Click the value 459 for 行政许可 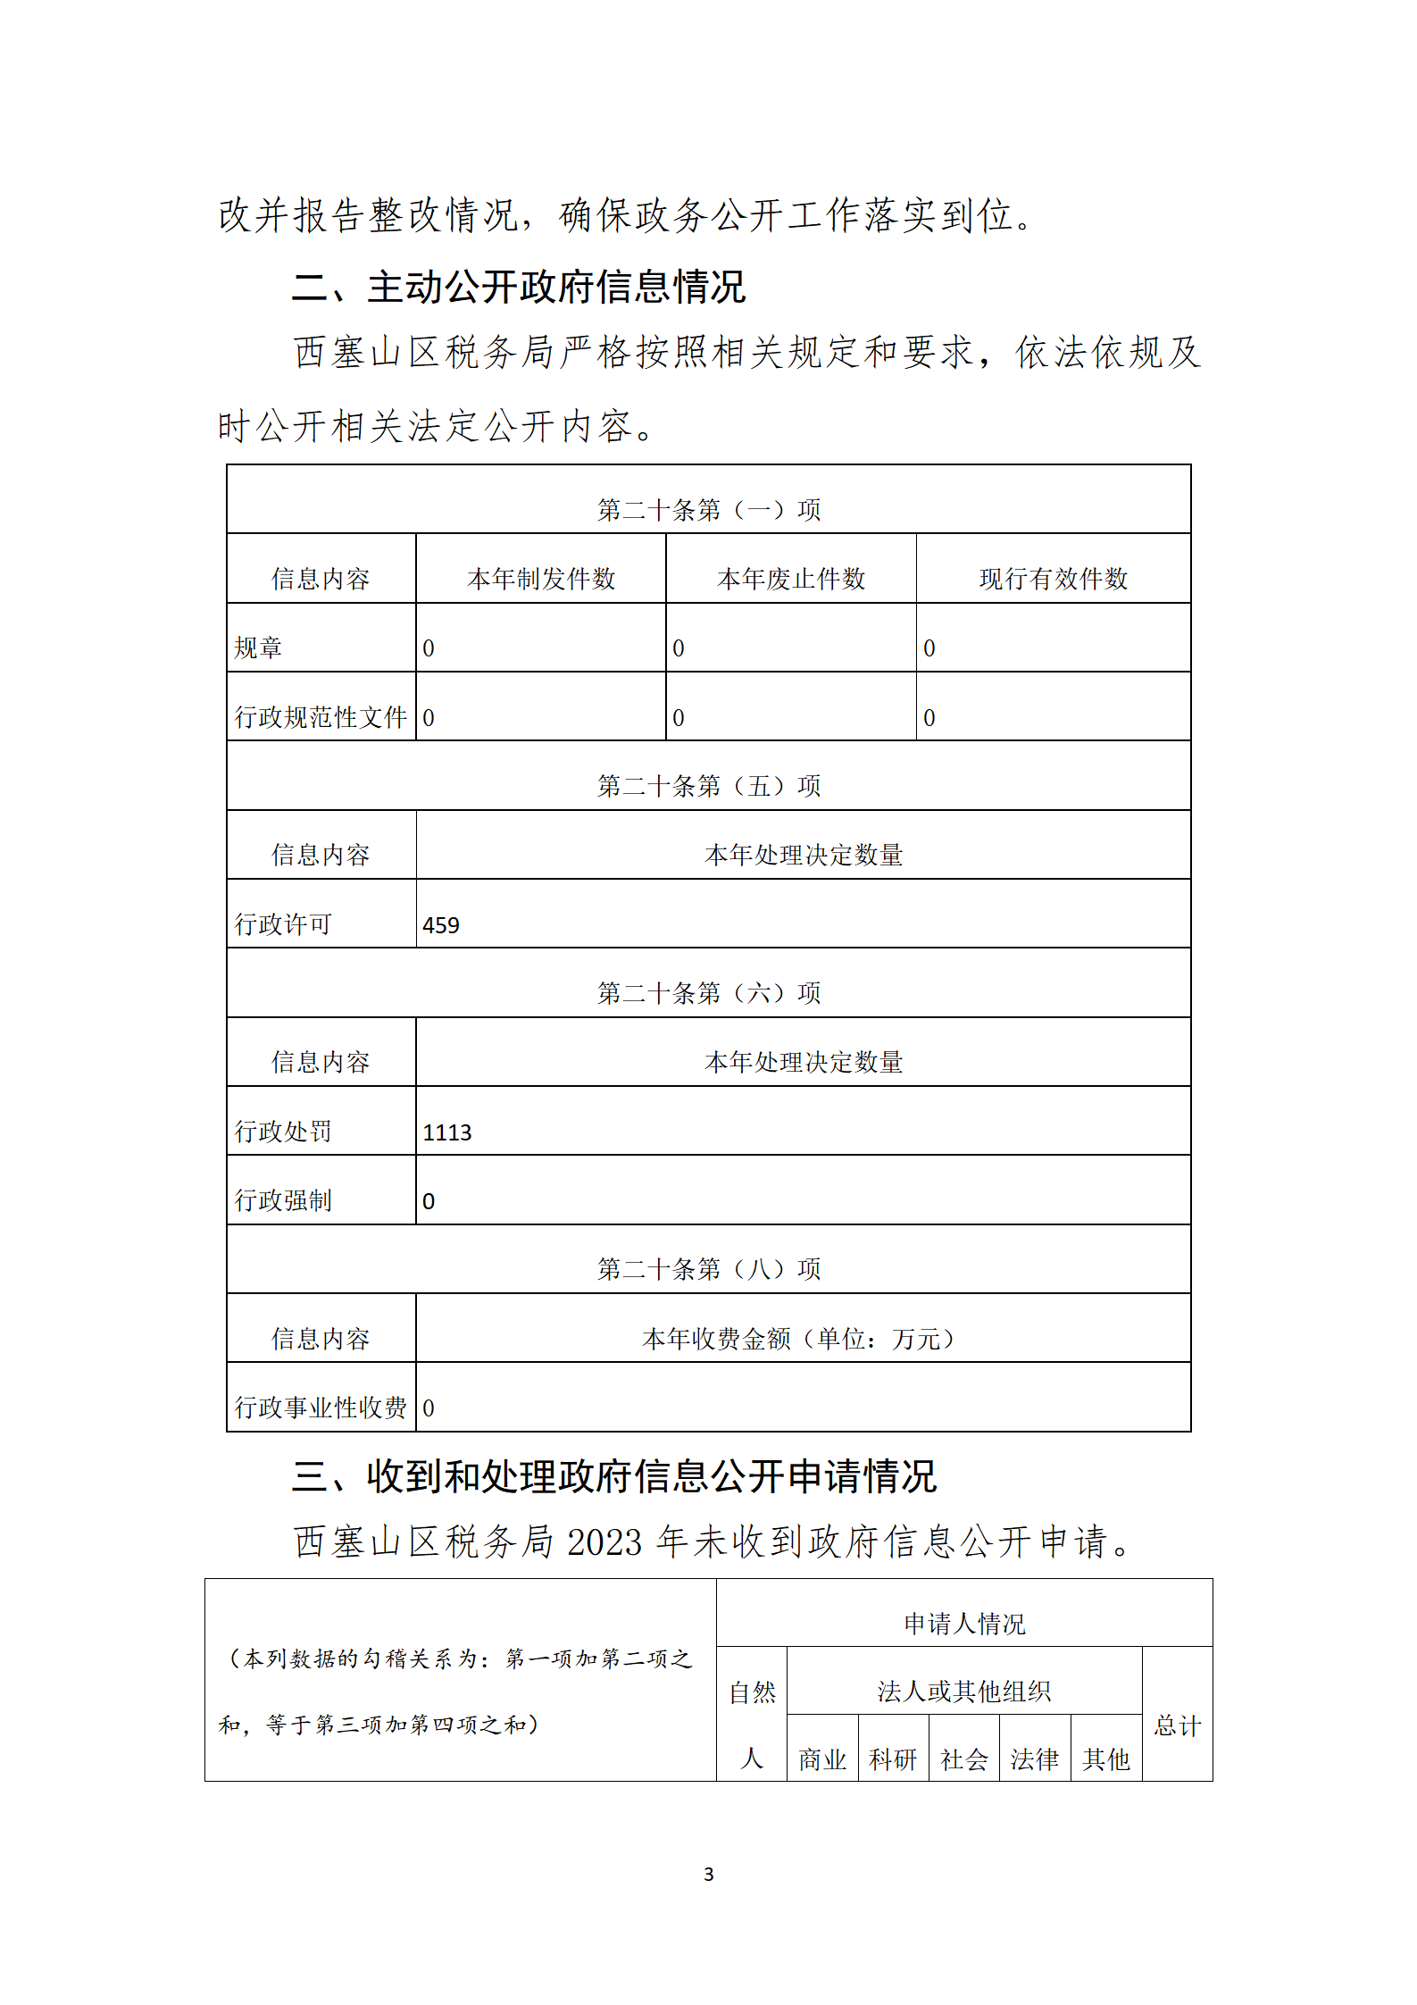[441, 925]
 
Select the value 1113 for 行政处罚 [446, 1132]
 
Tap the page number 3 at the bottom [708, 1874]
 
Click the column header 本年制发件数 [541, 579]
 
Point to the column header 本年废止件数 [791, 579]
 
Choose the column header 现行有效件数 [1053, 579]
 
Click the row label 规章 [258, 647]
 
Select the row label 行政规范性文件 [321, 716]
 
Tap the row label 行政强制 [283, 1200]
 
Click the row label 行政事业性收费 [321, 1408]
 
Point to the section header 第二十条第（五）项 [708, 786]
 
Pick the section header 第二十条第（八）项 [708, 1268]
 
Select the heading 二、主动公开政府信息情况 [518, 287]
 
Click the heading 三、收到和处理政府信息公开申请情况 [613, 1476]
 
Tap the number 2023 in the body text [604, 1542]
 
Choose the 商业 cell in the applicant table [821, 1759]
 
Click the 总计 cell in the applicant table [1177, 1725]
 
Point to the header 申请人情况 [963, 1623]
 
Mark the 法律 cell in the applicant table [1034, 1759]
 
